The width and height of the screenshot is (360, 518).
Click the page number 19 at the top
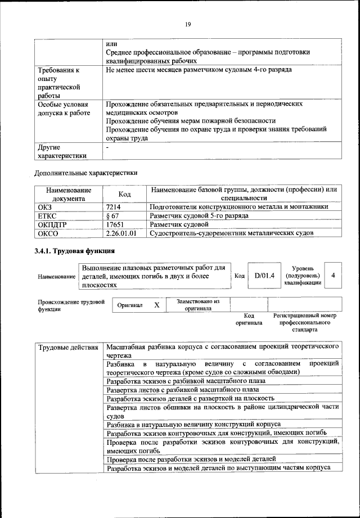point(187,24)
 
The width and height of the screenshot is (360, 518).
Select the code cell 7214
point(114,207)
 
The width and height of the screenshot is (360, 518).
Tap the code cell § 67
point(113,215)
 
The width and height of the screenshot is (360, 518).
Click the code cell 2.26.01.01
point(121,233)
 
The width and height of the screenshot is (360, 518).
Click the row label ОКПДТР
point(52,224)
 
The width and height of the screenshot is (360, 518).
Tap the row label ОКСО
point(47,233)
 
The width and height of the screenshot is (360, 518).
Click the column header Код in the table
point(125,194)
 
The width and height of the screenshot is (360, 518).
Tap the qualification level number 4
point(334,276)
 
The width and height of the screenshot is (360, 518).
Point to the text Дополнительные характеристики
point(86,172)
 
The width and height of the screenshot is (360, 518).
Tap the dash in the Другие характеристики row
point(107,147)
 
